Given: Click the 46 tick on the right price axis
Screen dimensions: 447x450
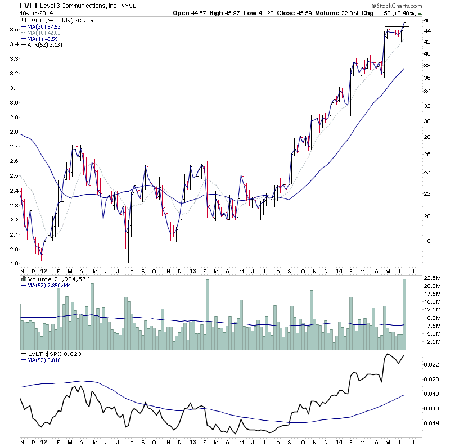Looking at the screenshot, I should pyautogui.click(x=427, y=21).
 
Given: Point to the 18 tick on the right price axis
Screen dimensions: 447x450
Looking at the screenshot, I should pyautogui.click(x=427, y=241).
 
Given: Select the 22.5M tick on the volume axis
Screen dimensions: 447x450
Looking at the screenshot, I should pyautogui.click(x=431, y=278).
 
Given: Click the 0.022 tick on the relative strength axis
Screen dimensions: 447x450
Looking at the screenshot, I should pyautogui.click(x=431, y=365).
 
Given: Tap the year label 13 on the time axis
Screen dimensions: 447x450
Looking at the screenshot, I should pyautogui.click(x=191, y=270).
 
